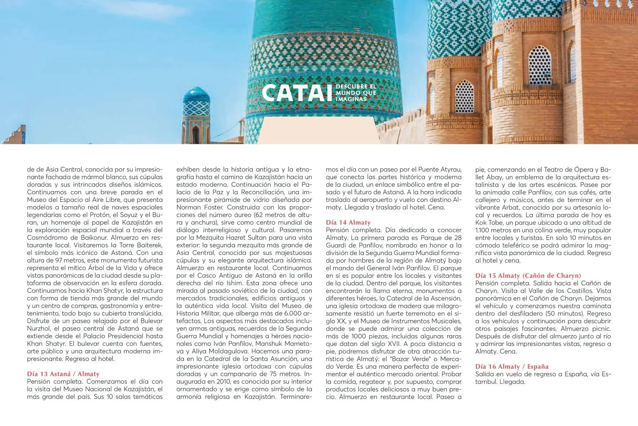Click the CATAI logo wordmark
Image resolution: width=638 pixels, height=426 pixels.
click(x=294, y=93)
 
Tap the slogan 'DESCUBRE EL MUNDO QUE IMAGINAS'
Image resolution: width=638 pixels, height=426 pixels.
click(x=356, y=93)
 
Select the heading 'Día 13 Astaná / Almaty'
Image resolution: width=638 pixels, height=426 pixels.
click(x=63, y=374)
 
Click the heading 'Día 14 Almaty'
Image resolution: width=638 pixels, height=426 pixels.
click(x=348, y=223)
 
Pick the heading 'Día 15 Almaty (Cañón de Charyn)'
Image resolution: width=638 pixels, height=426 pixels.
click(x=528, y=275)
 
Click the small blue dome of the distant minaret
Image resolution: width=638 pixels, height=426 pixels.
click(x=196, y=95)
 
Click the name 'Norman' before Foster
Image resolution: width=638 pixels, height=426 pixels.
click(x=189, y=207)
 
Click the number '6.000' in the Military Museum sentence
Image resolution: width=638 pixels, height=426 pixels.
click(x=293, y=313)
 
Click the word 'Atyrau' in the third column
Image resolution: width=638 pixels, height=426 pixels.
click(x=451, y=170)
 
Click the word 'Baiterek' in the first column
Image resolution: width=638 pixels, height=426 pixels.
click(x=149, y=245)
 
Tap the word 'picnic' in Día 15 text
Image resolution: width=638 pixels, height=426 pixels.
click(x=601, y=329)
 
